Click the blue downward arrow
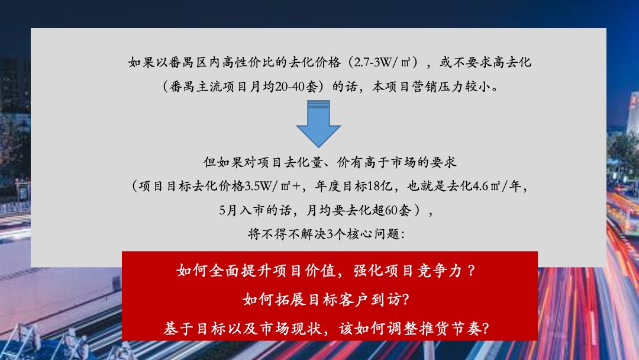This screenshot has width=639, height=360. click(x=318, y=124)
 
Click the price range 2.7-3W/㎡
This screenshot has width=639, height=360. click(x=385, y=62)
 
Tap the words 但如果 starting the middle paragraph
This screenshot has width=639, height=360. click(x=217, y=162)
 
